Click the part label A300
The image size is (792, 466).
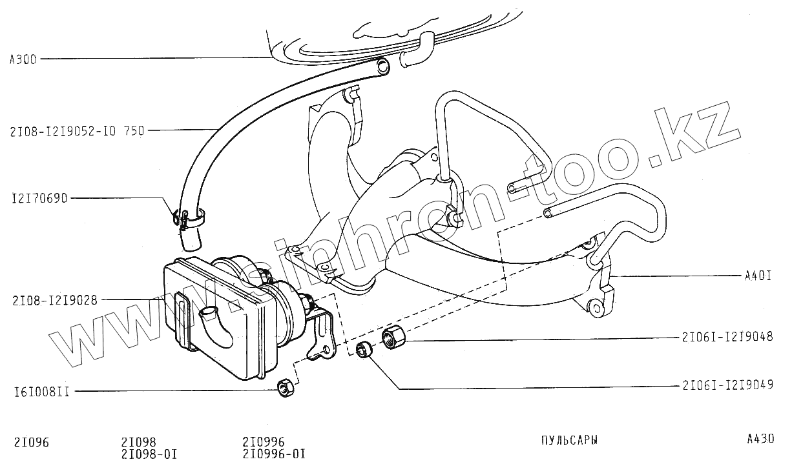pos(23,59)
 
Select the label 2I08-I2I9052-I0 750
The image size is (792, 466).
pos(77,130)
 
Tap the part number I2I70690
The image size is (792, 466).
pos(39,198)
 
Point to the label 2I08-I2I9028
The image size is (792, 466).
pos(54,300)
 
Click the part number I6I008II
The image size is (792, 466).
pos(41,391)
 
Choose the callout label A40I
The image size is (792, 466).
pos(758,276)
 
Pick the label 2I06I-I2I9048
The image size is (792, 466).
pos(727,337)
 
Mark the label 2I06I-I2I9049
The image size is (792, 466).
pos(727,387)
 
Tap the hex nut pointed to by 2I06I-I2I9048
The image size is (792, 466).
pos(393,337)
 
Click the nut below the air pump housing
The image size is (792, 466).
pos(285,388)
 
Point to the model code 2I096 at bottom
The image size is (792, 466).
pos(32,442)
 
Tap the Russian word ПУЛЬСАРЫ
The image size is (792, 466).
pos(568,440)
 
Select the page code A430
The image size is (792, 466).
pos(760,440)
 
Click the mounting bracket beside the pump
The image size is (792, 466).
pos(322,336)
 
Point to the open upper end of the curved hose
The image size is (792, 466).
pos(382,65)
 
